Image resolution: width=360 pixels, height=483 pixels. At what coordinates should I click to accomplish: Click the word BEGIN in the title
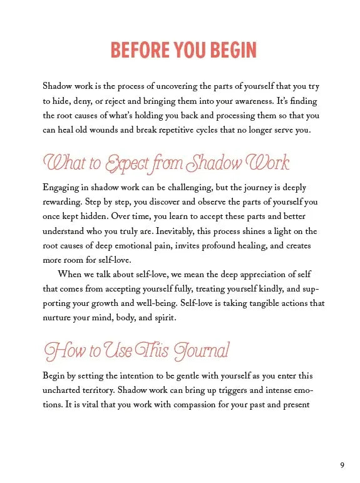coord(227,49)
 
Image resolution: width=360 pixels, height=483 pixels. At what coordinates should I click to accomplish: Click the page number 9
coord(342,465)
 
